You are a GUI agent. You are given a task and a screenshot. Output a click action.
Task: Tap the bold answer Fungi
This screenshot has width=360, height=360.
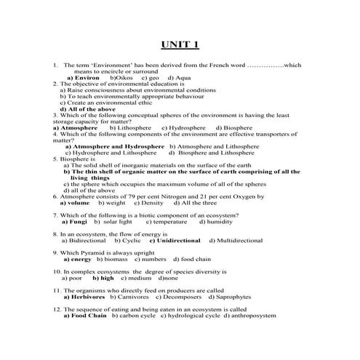click(x=75, y=222)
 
